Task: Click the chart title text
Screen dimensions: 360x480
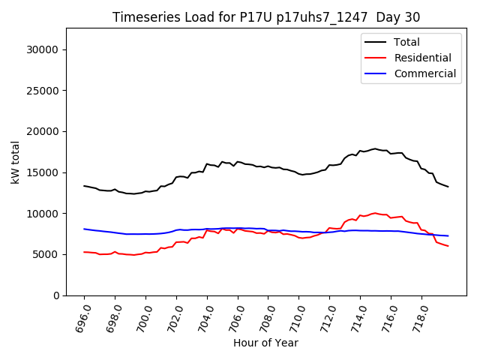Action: coord(266,17)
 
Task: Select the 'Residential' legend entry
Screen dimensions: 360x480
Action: coord(422,58)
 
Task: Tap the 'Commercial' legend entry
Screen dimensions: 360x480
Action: coord(424,73)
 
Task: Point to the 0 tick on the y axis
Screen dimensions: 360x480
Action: coord(55,295)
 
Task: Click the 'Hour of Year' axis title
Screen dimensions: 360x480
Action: coord(265,343)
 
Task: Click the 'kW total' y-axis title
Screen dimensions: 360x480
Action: coord(15,162)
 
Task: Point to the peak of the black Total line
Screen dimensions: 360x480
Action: coord(375,148)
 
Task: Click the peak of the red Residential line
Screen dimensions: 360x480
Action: coord(375,213)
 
